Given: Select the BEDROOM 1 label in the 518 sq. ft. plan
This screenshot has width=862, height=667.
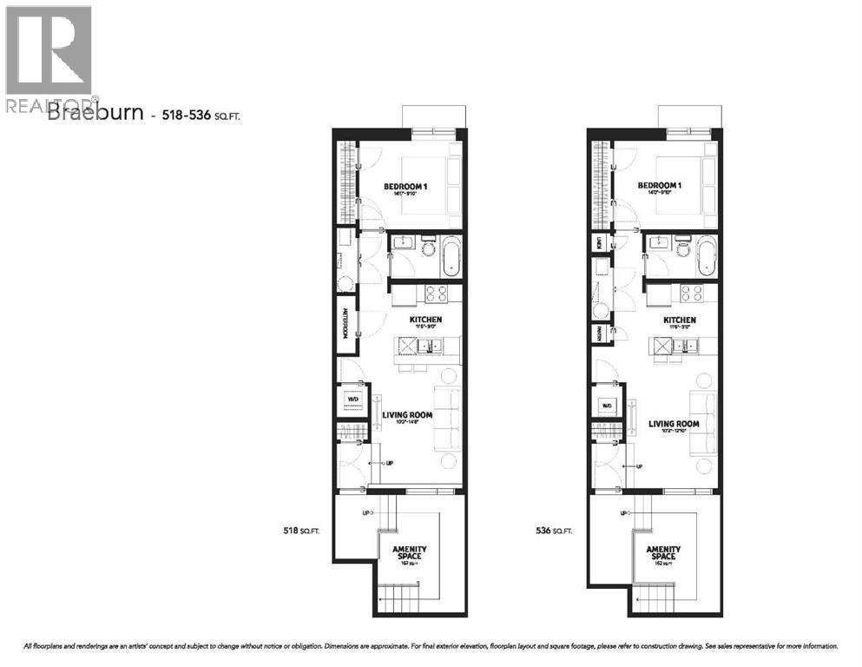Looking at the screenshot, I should tap(406, 187).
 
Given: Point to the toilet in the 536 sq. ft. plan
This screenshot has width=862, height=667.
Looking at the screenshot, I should tap(682, 253).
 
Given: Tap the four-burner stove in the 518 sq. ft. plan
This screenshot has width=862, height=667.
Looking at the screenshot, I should tap(435, 294).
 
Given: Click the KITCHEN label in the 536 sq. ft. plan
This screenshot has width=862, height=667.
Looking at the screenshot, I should tap(681, 320).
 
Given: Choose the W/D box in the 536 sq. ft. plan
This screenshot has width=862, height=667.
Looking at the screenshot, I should tap(607, 406).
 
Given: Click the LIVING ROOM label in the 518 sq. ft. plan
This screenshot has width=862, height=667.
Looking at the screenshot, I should tap(408, 415).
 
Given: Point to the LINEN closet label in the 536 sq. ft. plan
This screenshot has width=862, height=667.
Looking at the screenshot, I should tap(599, 244).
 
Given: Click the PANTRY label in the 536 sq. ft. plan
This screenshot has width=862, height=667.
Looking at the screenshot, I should tap(599, 333).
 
